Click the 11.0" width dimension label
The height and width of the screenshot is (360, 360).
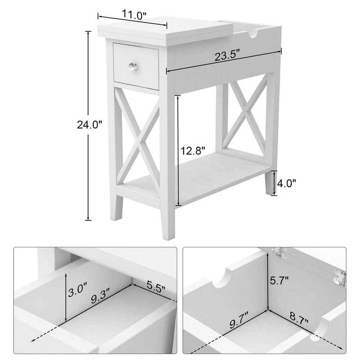[x=134, y=15]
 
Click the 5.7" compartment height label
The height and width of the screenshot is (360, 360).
[x=279, y=280]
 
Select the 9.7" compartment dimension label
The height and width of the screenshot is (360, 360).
[x=239, y=320]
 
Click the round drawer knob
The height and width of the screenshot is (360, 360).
[x=132, y=67]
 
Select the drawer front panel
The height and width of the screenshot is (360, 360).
[x=136, y=66]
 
